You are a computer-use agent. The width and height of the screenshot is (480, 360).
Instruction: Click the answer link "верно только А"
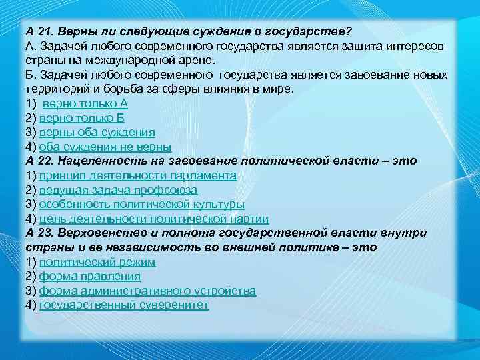click(x=85, y=104)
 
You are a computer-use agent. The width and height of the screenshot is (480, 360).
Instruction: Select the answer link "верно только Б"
click(x=82, y=118)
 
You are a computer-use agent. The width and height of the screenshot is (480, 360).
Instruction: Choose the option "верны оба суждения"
click(x=97, y=133)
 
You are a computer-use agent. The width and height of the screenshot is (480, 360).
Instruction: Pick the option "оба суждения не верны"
click(x=105, y=147)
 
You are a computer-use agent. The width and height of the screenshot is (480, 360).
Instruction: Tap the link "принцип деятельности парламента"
click(x=137, y=175)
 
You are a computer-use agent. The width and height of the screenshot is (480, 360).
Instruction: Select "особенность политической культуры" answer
click(x=141, y=204)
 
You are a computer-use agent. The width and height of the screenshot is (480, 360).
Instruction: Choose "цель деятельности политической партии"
click(x=153, y=219)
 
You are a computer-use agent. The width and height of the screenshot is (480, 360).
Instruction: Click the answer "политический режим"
click(x=97, y=262)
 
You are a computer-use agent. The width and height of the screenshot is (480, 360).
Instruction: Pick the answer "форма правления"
click(x=89, y=276)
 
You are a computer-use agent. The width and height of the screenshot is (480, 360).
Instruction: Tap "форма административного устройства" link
click(x=147, y=291)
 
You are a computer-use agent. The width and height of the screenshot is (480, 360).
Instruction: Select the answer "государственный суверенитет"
click(x=124, y=305)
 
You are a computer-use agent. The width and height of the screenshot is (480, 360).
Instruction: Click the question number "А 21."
click(x=39, y=32)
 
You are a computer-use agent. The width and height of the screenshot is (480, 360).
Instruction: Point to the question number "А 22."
click(x=39, y=161)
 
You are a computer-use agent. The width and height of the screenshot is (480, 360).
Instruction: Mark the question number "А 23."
click(x=39, y=233)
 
